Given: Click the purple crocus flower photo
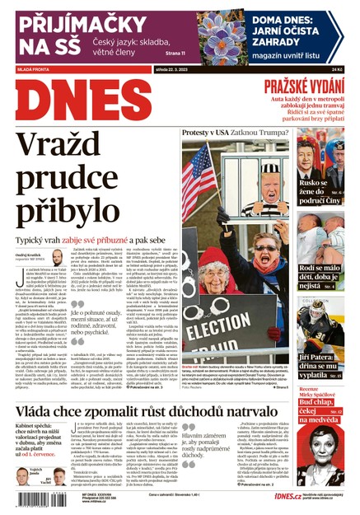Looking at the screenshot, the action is (222, 37).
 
